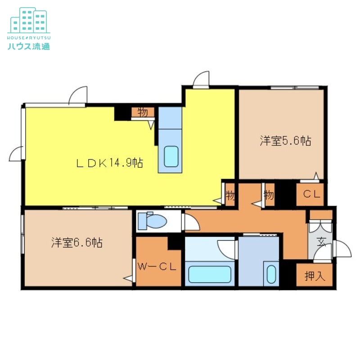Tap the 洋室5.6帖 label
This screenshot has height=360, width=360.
pyautogui.click(x=285, y=141)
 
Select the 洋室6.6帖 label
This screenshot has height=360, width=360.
pyautogui.click(x=76, y=243)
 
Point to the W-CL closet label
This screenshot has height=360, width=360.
pyautogui.click(x=156, y=266)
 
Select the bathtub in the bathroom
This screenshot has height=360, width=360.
pyautogui.click(x=210, y=274)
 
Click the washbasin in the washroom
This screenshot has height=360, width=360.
pyautogui.click(x=271, y=274)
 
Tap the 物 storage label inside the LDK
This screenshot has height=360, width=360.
pyautogui.click(x=143, y=112)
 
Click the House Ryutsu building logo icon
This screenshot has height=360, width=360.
pyautogui.click(x=29, y=19)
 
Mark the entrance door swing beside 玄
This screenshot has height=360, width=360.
pyautogui.click(x=341, y=250)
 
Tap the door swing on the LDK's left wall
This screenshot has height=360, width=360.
pyautogui.click(x=16, y=154)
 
